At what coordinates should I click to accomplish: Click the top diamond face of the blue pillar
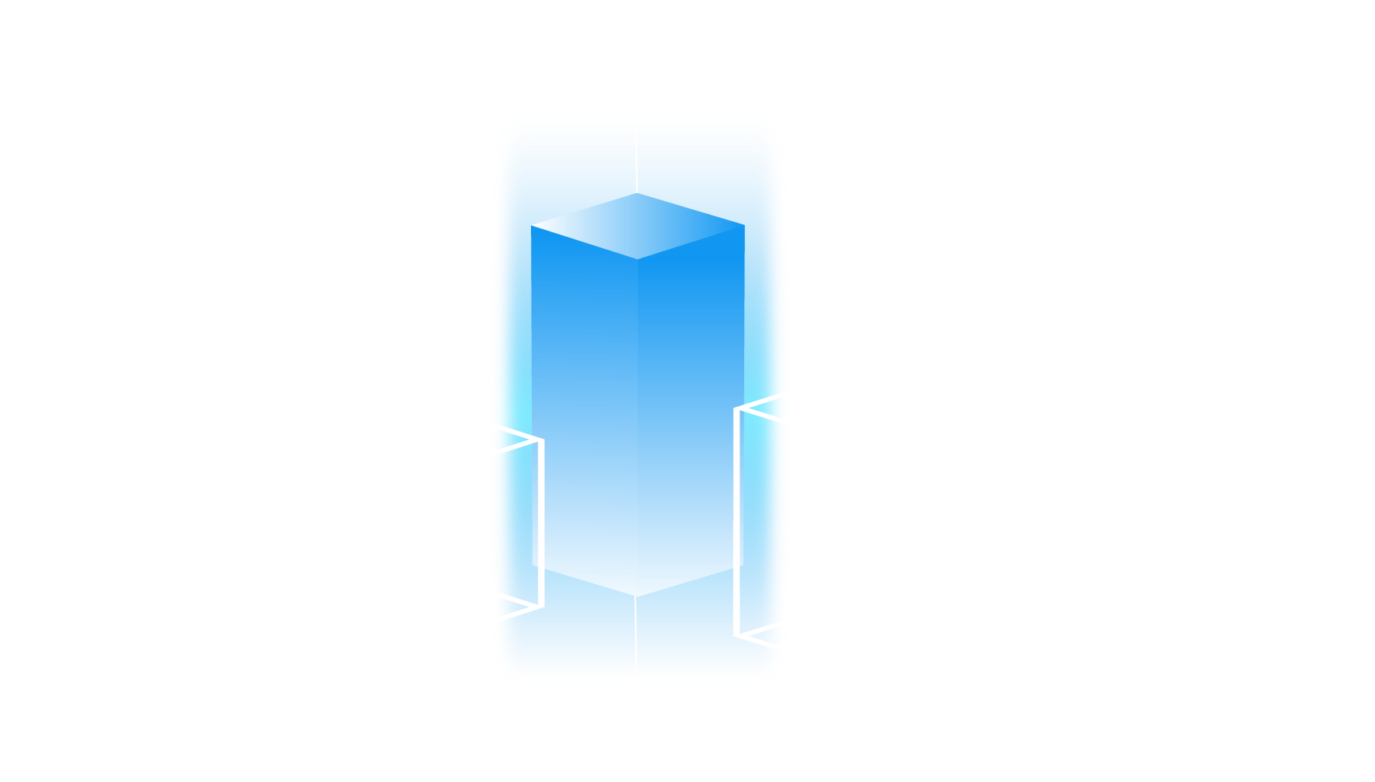tap(637, 226)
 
